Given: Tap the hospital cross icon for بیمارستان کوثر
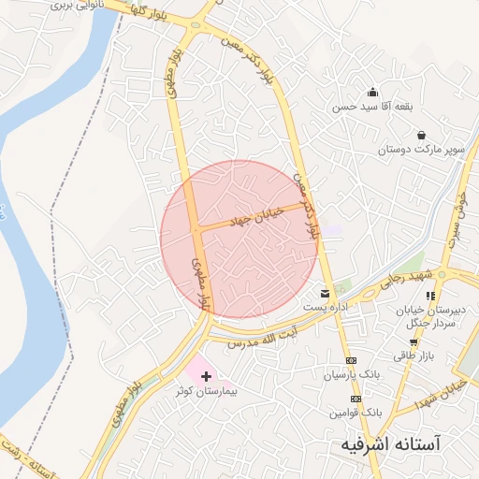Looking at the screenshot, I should [206, 376].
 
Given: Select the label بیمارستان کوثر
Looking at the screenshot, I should [208, 392].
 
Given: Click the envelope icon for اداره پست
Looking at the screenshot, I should [326, 293].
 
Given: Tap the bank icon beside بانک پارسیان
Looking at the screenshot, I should [352, 360].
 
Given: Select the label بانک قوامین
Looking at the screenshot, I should [356, 412].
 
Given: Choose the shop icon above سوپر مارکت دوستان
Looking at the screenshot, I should [422, 135].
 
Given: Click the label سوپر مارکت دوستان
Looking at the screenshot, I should [414, 149].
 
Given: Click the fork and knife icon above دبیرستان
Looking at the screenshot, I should [430, 296].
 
